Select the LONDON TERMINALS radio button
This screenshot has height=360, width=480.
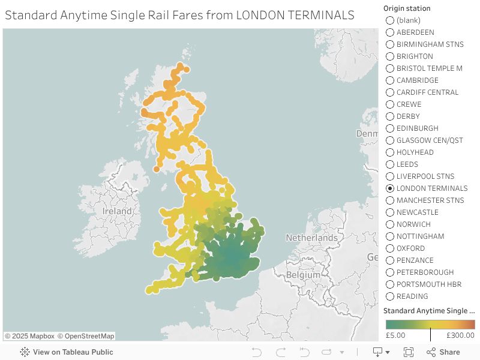(x=390, y=188)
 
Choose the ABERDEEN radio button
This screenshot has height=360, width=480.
(x=390, y=32)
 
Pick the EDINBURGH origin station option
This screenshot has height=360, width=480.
(x=390, y=128)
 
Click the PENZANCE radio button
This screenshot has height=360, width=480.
(x=390, y=260)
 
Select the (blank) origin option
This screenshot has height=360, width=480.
(x=390, y=20)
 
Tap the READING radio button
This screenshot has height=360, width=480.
(x=390, y=296)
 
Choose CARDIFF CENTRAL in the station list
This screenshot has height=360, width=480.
(x=390, y=92)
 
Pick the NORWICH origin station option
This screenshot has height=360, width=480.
(x=390, y=224)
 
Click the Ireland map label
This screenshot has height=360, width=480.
(x=117, y=212)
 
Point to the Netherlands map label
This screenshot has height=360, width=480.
(x=311, y=238)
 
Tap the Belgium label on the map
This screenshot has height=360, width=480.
(x=303, y=275)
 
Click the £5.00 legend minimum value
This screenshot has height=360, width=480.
(x=395, y=335)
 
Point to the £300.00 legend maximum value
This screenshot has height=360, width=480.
(x=460, y=335)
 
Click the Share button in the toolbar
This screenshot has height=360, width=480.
(x=443, y=352)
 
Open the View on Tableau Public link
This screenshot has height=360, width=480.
(x=67, y=352)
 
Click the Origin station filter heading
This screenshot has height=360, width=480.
(x=407, y=8)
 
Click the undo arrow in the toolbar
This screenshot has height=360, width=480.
(x=256, y=352)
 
